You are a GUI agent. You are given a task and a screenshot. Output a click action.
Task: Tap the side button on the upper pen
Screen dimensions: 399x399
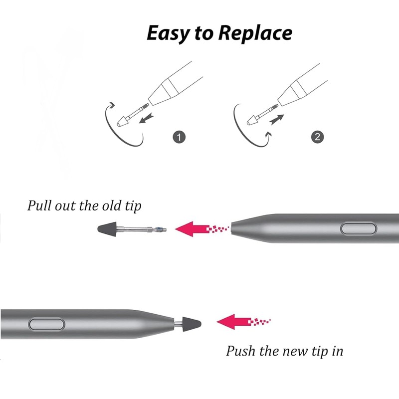[358, 228]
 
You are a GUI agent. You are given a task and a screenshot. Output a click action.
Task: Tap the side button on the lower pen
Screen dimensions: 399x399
[47, 324]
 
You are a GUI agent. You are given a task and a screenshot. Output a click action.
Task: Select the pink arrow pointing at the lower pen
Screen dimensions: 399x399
[234, 319]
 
